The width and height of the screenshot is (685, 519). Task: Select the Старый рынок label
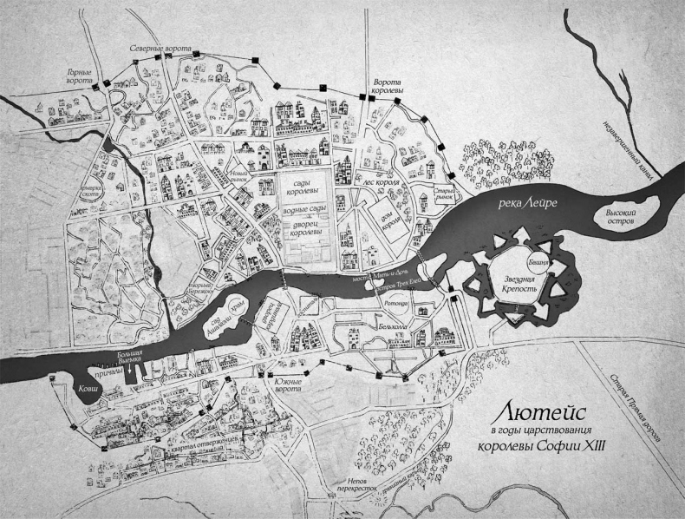[445, 192]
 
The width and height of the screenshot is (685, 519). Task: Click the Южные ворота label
[286, 382]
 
